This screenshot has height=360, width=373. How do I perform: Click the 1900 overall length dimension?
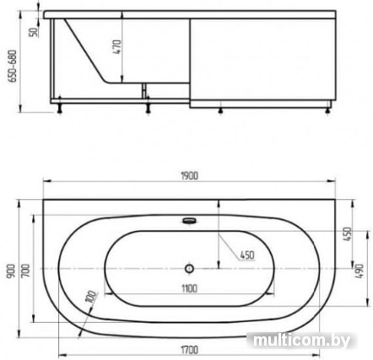[x=189, y=175]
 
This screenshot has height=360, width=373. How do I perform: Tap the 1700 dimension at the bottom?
[x=189, y=350]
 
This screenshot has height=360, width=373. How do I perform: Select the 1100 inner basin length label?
[x=189, y=288]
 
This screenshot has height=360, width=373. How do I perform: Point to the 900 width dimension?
[x=11, y=271]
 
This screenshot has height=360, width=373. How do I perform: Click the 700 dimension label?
[x=25, y=271]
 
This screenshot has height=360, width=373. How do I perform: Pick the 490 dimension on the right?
[x=359, y=271]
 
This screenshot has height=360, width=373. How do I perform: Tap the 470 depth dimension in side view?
[x=117, y=47]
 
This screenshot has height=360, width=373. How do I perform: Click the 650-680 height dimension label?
[x=13, y=67]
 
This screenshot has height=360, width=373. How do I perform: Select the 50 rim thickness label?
[x=34, y=32]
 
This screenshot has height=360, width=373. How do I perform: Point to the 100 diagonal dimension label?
[x=90, y=297]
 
